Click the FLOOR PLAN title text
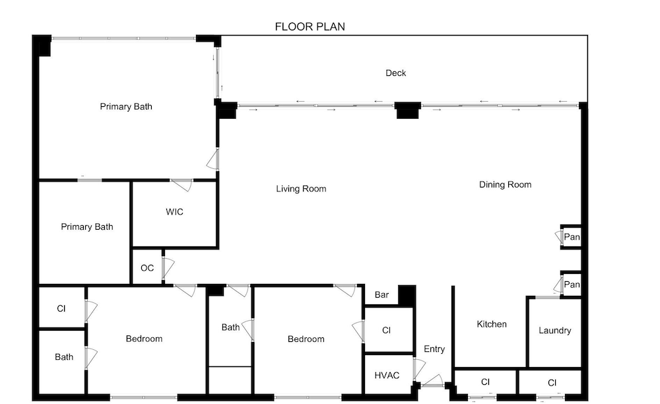tap(310, 26)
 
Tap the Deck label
tap(395, 73)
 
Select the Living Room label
tap(301, 189)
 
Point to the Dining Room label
tap(505, 184)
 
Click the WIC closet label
tap(174, 212)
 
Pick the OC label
tap(147, 268)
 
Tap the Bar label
tap(381, 294)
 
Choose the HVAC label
tap(387, 376)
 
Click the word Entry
tap(434, 349)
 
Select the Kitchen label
tap(492, 324)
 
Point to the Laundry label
tap(555, 330)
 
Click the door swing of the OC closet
tap(168, 267)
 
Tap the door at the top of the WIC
tap(181, 185)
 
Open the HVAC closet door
tap(419, 369)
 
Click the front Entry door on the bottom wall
tap(432, 382)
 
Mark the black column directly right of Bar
tap(407, 296)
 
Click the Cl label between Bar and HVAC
tap(386, 330)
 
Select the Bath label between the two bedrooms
tap(230, 327)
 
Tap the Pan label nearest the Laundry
tap(572, 285)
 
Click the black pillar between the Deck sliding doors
tap(407, 110)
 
